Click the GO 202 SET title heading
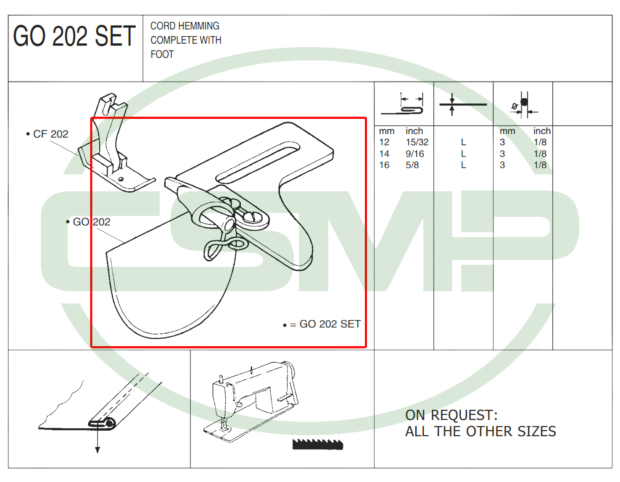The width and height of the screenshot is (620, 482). (74, 36)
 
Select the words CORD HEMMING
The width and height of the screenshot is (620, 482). (185, 26)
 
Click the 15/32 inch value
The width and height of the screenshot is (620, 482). (417, 142)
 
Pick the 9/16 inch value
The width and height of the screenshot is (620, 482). (414, 153)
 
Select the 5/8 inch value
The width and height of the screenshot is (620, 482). (412, 165)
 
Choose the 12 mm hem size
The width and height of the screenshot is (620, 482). (384, 142)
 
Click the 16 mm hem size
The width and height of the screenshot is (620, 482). (384, 165)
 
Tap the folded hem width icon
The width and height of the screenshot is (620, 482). (402, 104)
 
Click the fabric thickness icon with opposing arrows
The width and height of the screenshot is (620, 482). (463, 104)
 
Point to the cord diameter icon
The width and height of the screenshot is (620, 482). (524, 105)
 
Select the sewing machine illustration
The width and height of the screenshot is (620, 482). (251, 401)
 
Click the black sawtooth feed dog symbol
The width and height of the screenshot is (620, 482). (317, 444)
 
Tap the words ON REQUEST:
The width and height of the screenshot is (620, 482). (451, 415)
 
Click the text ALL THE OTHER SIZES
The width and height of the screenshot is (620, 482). (481, 431)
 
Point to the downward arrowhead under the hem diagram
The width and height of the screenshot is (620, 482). (98, 450)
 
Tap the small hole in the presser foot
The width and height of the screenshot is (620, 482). (121, 179)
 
